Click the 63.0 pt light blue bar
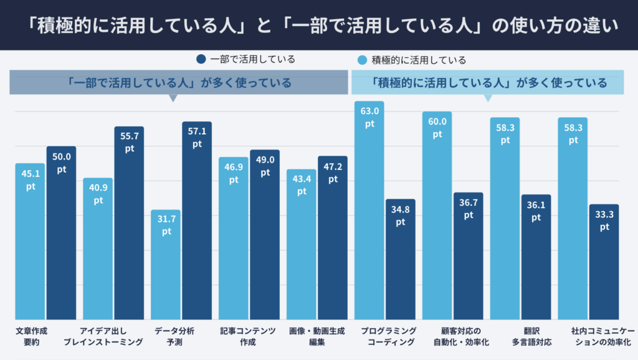pos(369,212)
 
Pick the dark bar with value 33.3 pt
pos(604,262)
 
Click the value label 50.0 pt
pos(61,164)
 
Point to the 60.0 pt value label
pos(437,128)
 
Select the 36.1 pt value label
pos(536,212)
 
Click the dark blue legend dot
pos(201,60)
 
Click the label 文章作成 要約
pos(31,336)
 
